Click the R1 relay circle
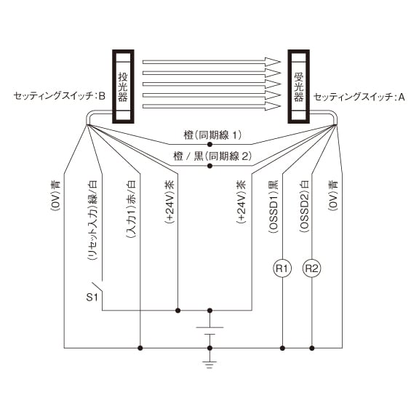[x=282, y=268]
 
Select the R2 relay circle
[x=311, y=268]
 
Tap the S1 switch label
[x=92, y=297]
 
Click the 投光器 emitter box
[x=123, y=87]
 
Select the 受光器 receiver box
[x=298, y=87]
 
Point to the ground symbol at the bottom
[x=209, y=364]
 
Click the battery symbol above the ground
[x=209, y=330]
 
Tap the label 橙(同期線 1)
[x=212, y=135]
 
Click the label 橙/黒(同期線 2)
[x=212, y=156]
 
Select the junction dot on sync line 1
[x=209, y=145]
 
